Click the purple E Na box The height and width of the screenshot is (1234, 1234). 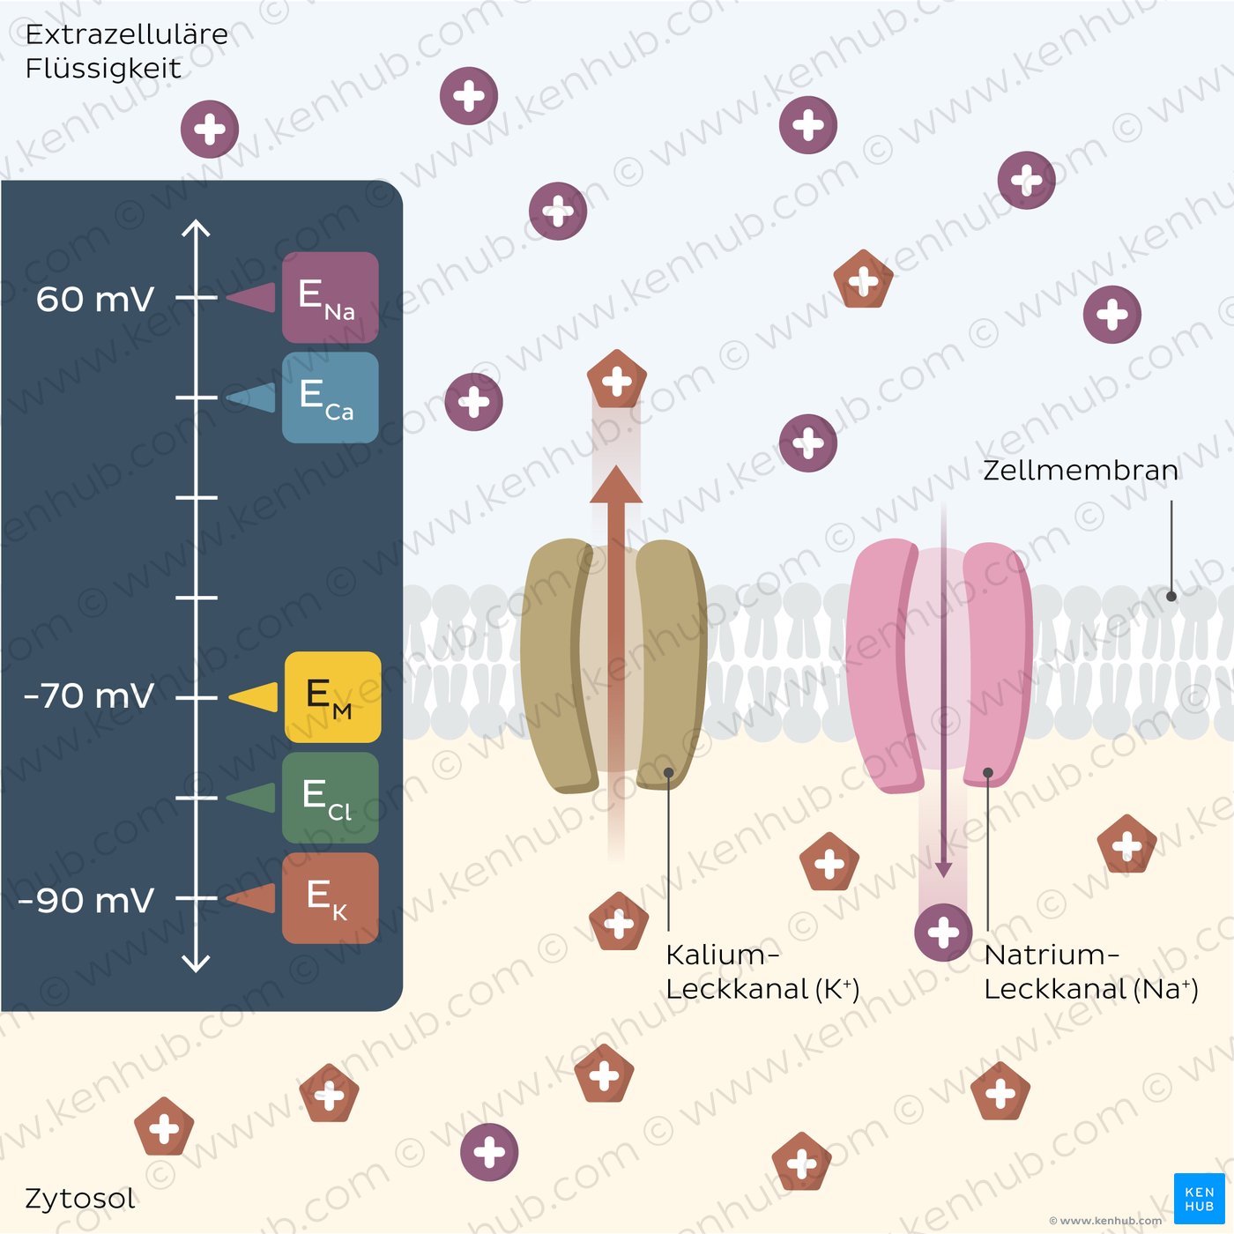coord(330,297)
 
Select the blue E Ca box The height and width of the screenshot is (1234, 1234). coord(330,397)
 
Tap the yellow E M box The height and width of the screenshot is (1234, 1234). coord(332,696)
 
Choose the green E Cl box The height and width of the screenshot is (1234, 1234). coord(330,798)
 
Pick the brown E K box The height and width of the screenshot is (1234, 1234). coord(330,898)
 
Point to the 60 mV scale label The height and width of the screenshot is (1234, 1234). coord(95,299)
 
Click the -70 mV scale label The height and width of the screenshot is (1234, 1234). coord(88,695)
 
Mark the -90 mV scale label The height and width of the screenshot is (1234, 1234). coord(85,900)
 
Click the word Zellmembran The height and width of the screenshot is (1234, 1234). coord(1081,471)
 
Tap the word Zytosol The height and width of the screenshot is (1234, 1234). coord(80,1198)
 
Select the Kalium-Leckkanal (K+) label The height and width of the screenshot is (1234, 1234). coord(762,971)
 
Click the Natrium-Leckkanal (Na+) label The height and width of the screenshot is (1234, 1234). coord(1090,971)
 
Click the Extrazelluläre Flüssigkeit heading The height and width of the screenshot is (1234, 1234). coord(126,51)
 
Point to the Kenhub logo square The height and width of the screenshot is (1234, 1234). coord(1199,1199)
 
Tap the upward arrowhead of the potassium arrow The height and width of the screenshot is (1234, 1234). coord(616,485)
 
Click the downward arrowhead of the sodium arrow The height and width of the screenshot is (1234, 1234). coord(943,869)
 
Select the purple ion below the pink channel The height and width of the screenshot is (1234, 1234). coord(943,933)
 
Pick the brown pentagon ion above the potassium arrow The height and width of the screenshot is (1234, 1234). coord(617,380)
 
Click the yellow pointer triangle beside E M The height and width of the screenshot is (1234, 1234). coord(253,696)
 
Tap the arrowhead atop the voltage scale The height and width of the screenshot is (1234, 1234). coord(196,228)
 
